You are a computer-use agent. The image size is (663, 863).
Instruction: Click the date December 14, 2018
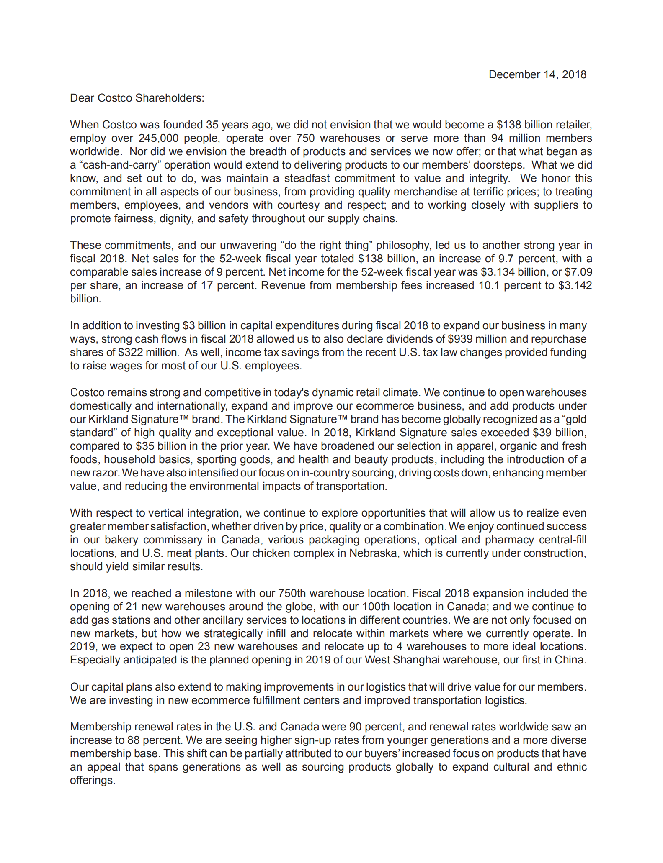tap(537, 74)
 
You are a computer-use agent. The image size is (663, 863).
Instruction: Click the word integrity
tap(486, 178)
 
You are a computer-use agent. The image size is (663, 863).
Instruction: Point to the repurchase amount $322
tap(130, 352)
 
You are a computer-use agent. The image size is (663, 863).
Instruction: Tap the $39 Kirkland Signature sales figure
tap(540, 433)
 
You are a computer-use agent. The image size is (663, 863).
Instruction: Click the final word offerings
tap(92, 780)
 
